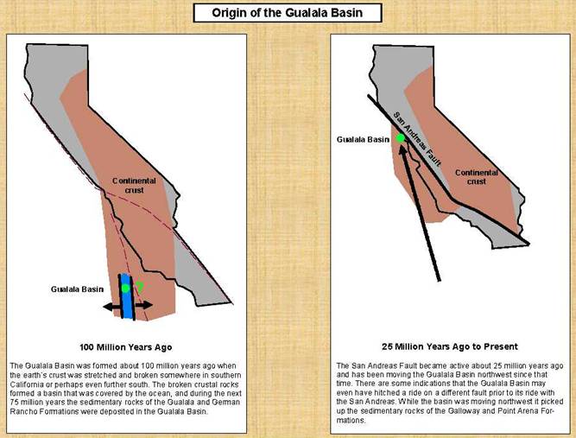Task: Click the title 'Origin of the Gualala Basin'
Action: (288, 13)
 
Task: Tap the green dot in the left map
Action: (125, 288)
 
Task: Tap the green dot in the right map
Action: (401, 138)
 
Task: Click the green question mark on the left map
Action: (140, 287)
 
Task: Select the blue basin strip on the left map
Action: (127, 296)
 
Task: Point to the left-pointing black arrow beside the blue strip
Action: (112, 307)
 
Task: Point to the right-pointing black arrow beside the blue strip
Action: (143, 305)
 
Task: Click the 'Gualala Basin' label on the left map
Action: (77, 289)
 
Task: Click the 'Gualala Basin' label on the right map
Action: (363, 140)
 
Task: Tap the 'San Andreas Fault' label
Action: (417, 139)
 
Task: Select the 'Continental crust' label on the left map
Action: (134, 186)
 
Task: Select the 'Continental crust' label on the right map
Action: (477, 177)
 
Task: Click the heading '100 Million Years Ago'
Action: (126, 347)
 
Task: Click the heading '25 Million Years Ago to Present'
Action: (450, 346)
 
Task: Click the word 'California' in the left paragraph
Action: (25, 384)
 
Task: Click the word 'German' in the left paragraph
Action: (227, 403)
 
